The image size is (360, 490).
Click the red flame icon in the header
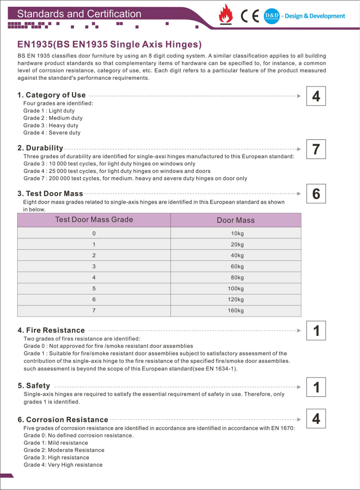226,14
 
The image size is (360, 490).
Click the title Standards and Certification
79,14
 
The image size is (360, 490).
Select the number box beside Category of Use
316,96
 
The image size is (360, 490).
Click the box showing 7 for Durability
316,149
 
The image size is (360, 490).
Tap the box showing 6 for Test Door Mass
316,194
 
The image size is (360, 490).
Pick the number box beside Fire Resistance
316,331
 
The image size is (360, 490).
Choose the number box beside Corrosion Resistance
316,418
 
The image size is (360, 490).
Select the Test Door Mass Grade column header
94,220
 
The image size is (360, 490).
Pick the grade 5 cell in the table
94,288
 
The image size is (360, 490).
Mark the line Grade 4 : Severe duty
52,133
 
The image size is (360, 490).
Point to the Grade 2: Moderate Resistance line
64,450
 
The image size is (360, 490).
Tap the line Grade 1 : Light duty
49,110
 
